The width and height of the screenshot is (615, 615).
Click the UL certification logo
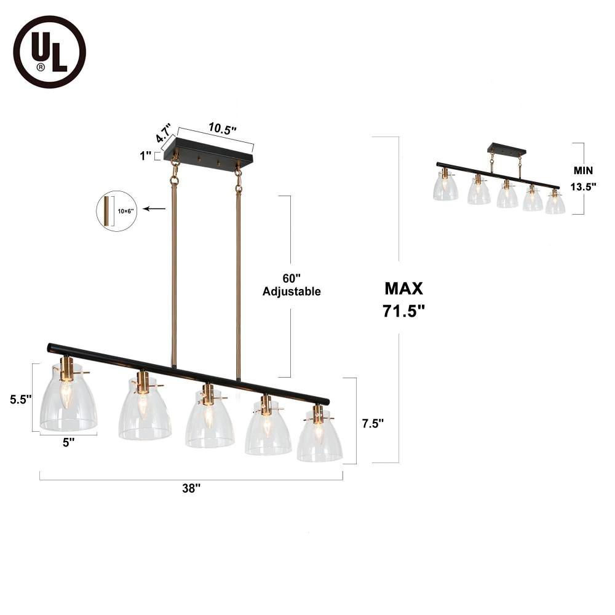click(50, 52)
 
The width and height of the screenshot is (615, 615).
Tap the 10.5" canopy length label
click(222, 129)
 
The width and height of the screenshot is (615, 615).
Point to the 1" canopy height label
click(146, 156)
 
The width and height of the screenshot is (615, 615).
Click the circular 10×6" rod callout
click(116, 211)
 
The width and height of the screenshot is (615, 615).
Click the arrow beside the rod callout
click(158, 209)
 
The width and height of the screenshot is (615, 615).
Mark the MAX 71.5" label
click(404, 300)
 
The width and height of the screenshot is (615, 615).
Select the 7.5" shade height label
click(373, 423)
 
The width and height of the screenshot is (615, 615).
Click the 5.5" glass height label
click(20, 399)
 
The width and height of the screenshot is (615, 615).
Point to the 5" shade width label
click(68, 442)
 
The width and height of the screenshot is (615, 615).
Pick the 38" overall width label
click(191, 488)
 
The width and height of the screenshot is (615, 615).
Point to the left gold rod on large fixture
click(175, 271)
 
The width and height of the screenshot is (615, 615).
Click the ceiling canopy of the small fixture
click(507, 149)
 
